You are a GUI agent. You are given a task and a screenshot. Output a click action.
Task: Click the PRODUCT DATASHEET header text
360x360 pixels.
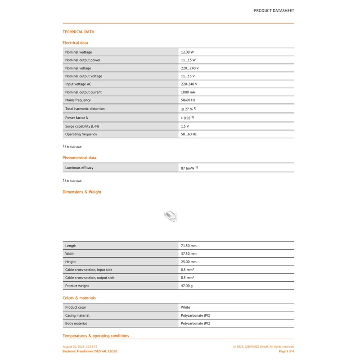274,10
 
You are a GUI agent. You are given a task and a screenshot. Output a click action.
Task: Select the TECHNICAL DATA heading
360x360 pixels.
78,32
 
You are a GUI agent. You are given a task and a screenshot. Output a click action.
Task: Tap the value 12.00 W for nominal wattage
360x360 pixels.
187,52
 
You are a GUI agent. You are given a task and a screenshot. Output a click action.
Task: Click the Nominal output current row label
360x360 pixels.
83,92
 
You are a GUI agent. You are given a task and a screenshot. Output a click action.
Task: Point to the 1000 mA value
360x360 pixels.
188,92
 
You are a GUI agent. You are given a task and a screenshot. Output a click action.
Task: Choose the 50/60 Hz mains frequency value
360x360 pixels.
188,100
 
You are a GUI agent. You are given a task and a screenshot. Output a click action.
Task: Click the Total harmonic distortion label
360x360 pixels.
85,109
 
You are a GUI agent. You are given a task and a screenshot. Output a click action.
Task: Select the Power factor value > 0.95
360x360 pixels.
188,118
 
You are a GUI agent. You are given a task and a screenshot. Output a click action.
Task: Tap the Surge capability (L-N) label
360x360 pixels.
82,126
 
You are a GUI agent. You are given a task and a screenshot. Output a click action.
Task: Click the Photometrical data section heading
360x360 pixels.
79,158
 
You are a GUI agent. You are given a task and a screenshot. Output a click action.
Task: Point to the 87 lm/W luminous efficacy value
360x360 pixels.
188,168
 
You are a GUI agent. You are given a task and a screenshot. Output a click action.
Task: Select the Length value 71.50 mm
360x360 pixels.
189,246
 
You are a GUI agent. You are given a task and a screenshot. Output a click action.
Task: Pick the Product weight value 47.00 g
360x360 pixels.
187,286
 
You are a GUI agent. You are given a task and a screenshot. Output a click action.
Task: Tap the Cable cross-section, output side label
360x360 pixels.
90,278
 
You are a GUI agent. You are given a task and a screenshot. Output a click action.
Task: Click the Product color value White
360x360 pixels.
185,307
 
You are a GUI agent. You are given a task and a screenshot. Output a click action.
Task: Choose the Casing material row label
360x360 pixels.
77,315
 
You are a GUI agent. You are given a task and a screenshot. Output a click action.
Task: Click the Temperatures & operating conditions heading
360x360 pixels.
95,336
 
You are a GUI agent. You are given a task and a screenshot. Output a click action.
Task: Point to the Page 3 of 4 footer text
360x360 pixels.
286,351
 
